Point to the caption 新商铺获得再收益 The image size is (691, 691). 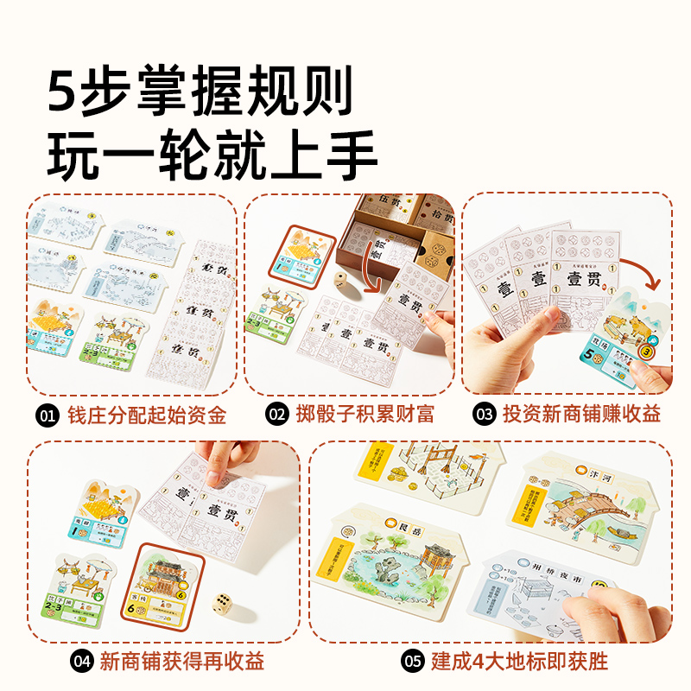(181, 662)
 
